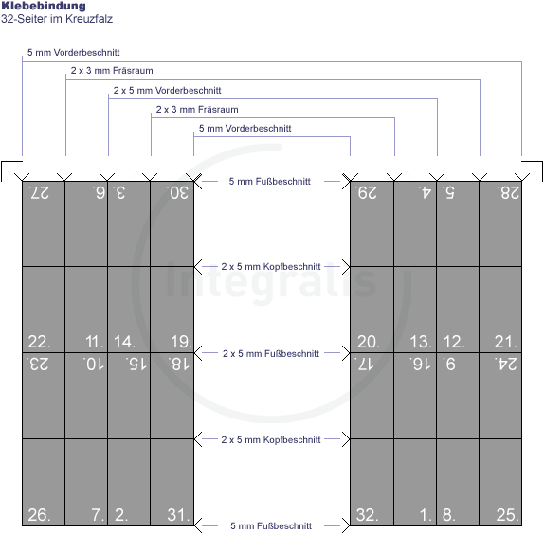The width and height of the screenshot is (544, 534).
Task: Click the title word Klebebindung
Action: (x=44, y=6)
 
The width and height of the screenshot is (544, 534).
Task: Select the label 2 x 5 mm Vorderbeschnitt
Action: (x=167, y=91)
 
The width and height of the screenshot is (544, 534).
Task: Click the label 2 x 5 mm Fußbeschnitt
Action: (x=271, y=353)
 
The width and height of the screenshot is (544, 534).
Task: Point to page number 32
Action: (x=368, y=515)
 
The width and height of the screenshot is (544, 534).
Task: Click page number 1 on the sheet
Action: (x=426, y=515)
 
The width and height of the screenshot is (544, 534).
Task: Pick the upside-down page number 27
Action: (x=39, y=192)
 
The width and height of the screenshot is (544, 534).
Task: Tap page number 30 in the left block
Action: (x=177, y=192)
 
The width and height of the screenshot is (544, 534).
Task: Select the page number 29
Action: (x=366, y=192)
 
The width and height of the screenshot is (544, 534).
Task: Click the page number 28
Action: (x=508, y=192)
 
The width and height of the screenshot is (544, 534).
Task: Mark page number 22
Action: (x=39, y=342)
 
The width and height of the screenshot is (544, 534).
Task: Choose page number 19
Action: (x=181, y=342)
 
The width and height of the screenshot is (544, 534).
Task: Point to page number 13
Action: (x=421, y=342)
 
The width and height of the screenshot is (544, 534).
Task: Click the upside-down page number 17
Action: (x=364, y=365)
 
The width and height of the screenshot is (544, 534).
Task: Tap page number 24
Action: (x=506, y=365)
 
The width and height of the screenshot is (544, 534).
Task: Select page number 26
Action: (x=39, y=515)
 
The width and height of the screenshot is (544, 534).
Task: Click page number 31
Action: (x=179, y=515)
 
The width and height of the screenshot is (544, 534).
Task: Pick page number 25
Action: (x=508, y=515)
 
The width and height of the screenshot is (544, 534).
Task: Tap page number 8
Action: (x=449, y=515)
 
